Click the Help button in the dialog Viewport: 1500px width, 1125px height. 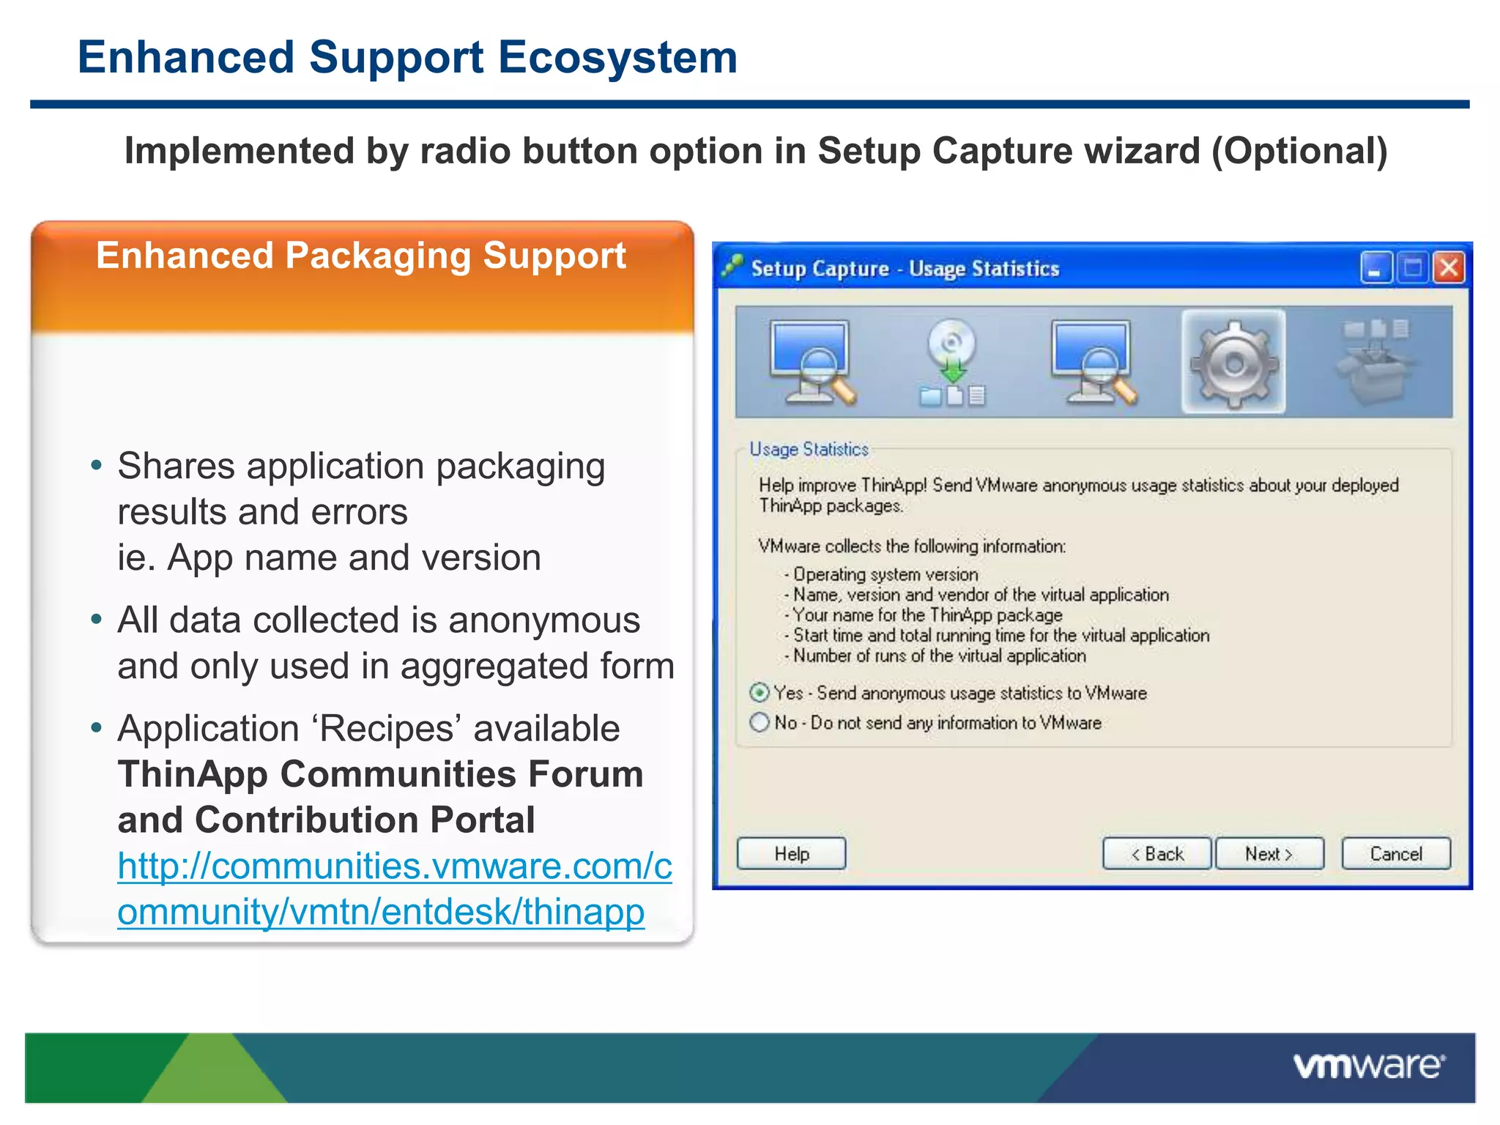coord(791,853)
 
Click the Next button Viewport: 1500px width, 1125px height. coord(1269,853)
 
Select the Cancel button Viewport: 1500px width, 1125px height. coord(1396,853)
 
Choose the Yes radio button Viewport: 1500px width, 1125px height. coord(760,692)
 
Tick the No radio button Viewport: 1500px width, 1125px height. coord(760,723)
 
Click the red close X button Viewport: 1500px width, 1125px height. coord(1449,267)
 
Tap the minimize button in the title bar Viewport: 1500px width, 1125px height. coord(1376,267)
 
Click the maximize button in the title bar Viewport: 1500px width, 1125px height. coord(1412,267)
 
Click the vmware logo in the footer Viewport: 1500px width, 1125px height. coord(1369,1066)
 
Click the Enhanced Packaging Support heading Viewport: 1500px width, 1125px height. coord(361,256)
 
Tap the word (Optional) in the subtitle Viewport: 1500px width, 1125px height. coord(1299,151)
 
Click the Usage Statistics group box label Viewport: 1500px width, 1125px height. coord(809,449)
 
